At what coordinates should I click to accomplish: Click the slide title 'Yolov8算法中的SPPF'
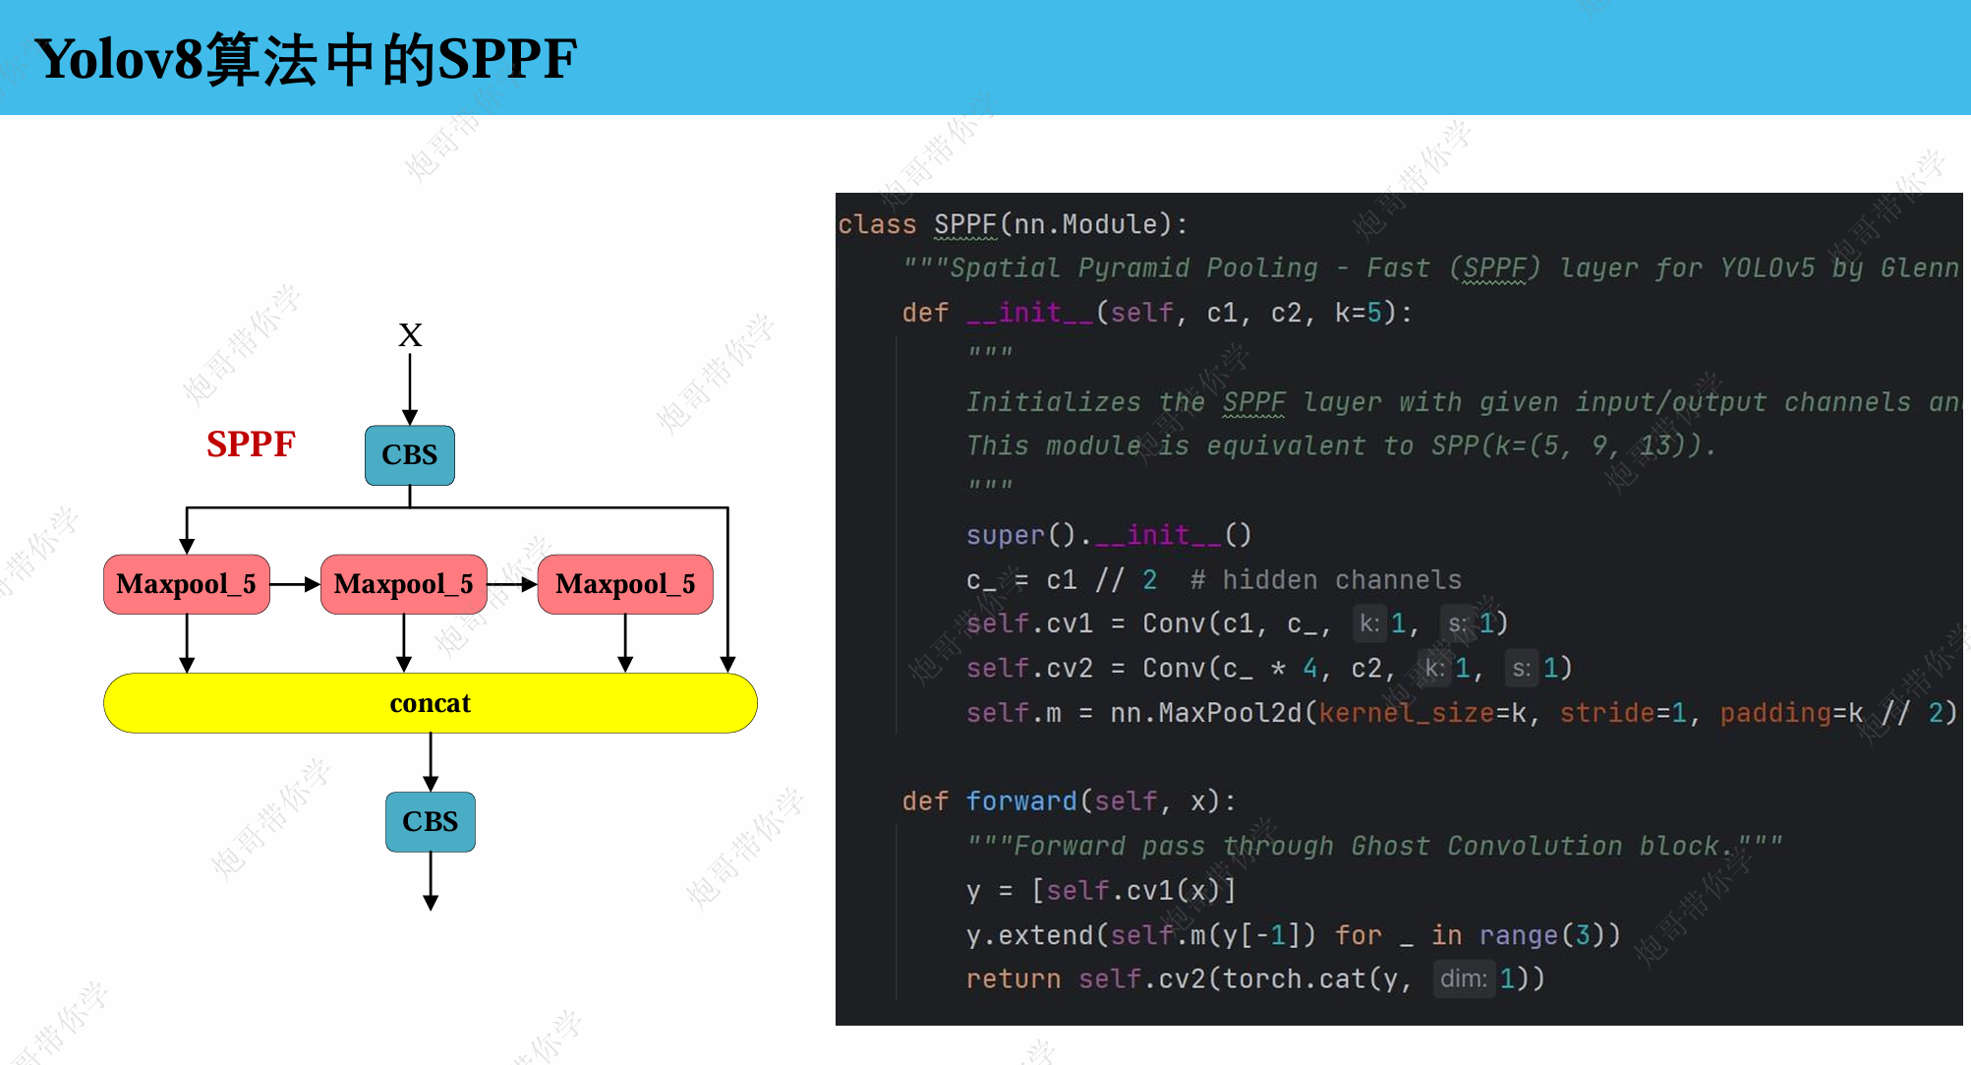click(x=305, y=59)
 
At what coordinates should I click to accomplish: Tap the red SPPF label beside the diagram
click(x=251, y=444)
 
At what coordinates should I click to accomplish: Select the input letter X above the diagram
click(x=410, y=335)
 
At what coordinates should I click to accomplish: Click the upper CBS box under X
click(x=410, y=455)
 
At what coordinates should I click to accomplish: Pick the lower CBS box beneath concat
click(x=431, y=822)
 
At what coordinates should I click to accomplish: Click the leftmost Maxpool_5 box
click(x=187, y=584)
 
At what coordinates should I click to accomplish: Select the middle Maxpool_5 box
click(x=404, y=584)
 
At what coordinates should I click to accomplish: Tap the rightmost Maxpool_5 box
click(x=625, y=584)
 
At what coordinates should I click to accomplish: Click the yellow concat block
click(x=431, y=703)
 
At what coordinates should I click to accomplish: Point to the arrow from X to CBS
click(x=410, y=389)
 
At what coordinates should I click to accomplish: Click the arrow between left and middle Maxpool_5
click(x=295, y=584)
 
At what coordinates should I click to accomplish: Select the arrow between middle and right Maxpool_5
click(x=512, y=584)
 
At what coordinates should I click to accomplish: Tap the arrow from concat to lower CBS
click(x=431, y=762)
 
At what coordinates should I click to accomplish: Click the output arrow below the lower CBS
click(x=431, y=881)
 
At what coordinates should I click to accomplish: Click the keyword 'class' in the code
click(x=877, y=225)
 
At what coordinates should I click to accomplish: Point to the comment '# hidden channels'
click(x=1325, y=580)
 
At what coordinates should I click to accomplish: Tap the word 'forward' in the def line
click(x=1021, y=801)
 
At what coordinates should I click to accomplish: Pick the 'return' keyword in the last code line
click(x=1014, y=979)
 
